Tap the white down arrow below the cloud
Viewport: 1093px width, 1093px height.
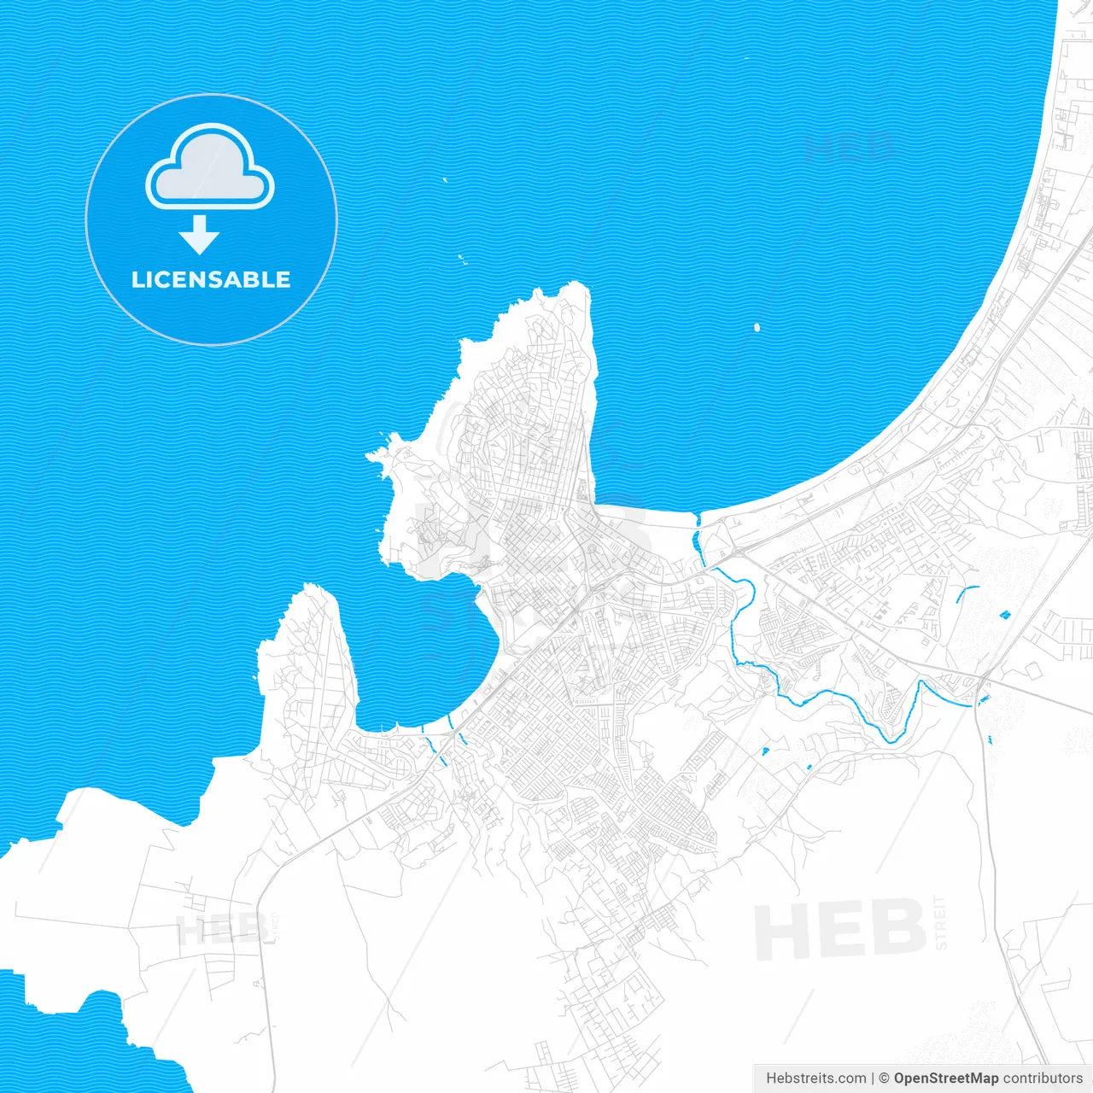(200, 235)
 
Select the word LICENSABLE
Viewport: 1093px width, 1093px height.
(211, 280)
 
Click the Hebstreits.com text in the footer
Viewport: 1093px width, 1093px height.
(815, 1078)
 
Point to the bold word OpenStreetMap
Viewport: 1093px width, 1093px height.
(945, 1078)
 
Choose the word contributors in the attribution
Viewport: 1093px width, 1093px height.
(1042, 1078)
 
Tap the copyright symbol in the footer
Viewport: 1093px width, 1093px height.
(884, 1078)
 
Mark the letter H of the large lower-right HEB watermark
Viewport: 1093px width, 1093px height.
(784, 932)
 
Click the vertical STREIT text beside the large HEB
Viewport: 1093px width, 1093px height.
(941, 922)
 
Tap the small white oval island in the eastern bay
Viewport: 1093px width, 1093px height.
(757, 326)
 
